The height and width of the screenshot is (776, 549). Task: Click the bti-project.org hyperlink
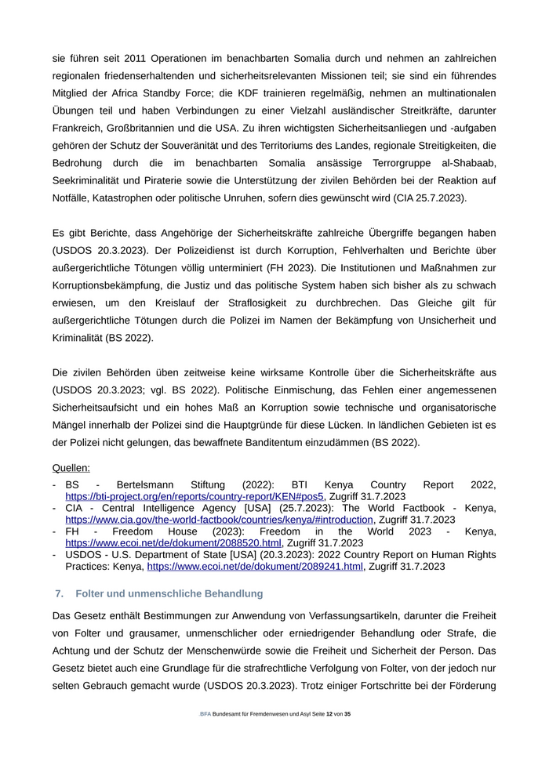195,496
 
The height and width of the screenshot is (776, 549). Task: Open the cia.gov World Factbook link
219,519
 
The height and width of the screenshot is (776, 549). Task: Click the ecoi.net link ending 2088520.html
173,542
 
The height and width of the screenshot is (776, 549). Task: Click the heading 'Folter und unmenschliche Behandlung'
169,593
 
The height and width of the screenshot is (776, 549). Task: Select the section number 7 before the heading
59,593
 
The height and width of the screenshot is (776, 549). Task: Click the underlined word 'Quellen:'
71,468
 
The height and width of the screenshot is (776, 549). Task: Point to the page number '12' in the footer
329,714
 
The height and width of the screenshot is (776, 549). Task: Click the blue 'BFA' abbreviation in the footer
205,714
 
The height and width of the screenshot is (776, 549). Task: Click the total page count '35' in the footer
347,714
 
